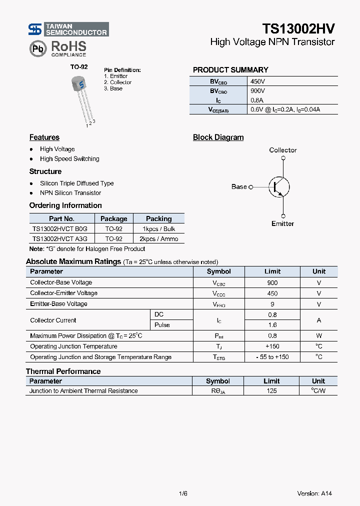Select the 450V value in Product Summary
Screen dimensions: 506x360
pyautogui.click(x=258, y=81)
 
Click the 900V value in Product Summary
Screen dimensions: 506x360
pyautogui.click(x=258, y=91)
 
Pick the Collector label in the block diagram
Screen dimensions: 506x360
pyautogui.click(x=283, y=150)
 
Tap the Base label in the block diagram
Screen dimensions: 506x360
pyautogui.click(x=239, y=186)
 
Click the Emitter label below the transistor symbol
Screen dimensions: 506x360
pyautogui.click(x=282, y=223)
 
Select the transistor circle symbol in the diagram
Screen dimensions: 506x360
pyautogui.click(x=278, y=187)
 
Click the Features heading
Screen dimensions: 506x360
pyautogui.click(x=44, y=137)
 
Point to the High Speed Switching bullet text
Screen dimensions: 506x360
pyautogui.click(x=69, y=159)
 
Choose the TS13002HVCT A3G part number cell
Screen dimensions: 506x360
pyautogui.click(x=59, y=239)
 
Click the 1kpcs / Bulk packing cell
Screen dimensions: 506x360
pyautogui.click(x=159, y=229)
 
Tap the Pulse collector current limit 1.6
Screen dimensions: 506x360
pyautogui.click(x=272, y=325)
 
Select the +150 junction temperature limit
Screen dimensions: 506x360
pyautogui.click(x=272, y=346)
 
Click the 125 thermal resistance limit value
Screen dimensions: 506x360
pyautogui.click(x=271, y=391)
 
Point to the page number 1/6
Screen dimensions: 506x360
pyautogui.click(x=182, y=493)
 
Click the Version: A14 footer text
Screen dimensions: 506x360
pyautogui.click(x=314, y=493)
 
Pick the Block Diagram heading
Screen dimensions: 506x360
pyautogui.click(x=218, y=137)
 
